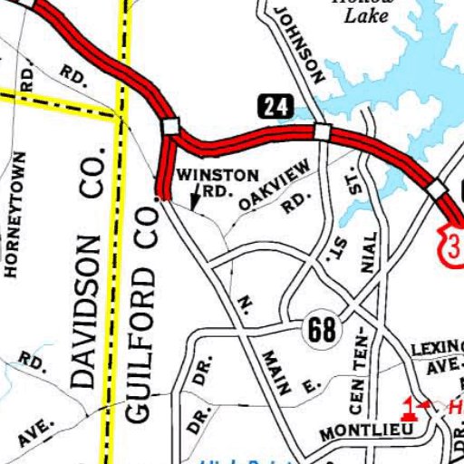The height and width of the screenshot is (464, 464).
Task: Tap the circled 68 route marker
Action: pos(322,331)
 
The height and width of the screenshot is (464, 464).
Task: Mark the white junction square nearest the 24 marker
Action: pos(321,132)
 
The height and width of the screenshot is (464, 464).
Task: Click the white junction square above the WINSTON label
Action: pos(170,126)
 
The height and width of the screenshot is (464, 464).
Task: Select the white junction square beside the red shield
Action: pos(439,188)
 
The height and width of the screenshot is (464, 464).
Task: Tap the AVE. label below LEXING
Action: pos(442,367)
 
